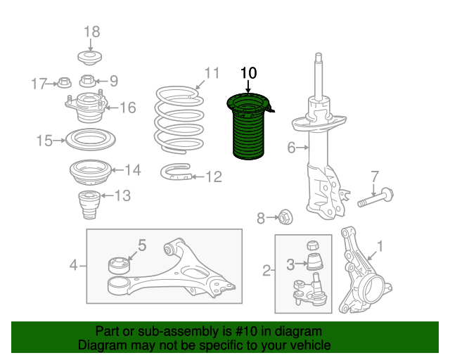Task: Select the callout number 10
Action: [x=248, y=73]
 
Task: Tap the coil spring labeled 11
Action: [x=179, y=120]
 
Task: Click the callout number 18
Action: [x=92, y=32]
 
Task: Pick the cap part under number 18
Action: [x=90, y=58]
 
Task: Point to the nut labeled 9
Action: [x=87, y=81]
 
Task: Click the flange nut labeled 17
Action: [x=64, y=83]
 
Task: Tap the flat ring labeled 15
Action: [x=91, y=140]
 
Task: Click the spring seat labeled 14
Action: [x=90, y=172]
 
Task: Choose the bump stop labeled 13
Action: [x=89, y=205]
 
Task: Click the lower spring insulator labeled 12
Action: [x=176, y=172]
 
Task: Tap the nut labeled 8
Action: [x=285, y=217]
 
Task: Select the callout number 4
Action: [x=73, y=265]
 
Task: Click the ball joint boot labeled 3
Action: [x=315, y=262]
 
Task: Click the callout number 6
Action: [x=291, y=148]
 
